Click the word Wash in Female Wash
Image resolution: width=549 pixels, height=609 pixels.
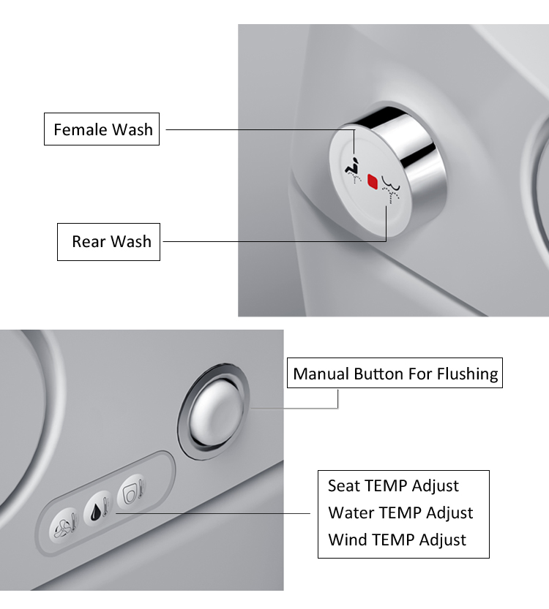coord(132,130)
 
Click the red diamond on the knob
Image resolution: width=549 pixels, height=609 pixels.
coord(373,181)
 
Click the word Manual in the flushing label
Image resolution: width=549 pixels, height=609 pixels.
coord(321,374)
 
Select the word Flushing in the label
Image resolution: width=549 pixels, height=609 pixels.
coord(468,374)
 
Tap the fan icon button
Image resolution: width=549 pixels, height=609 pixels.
coord(64,524)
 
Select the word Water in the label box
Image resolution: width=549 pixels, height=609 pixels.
coord(351,513)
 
